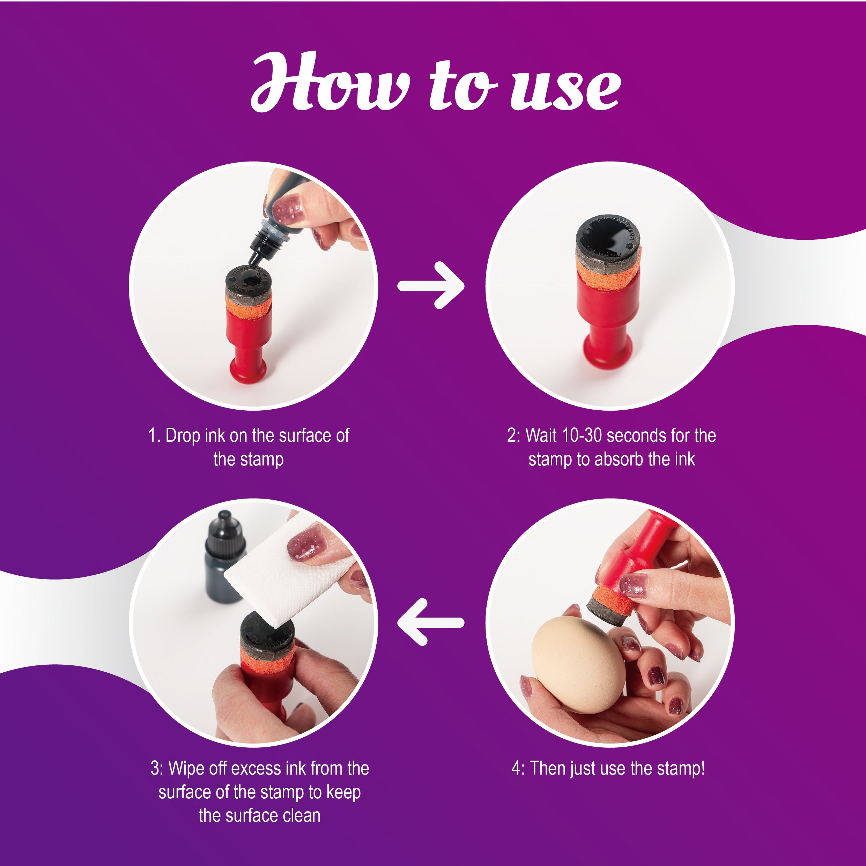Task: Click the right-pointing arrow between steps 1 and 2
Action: pyautogui.click(x=430, y=285)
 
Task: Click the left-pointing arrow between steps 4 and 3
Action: pyautogui.click(x=430, y=622)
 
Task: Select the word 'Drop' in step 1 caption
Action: pyautogui.click(x=183, y=436)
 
